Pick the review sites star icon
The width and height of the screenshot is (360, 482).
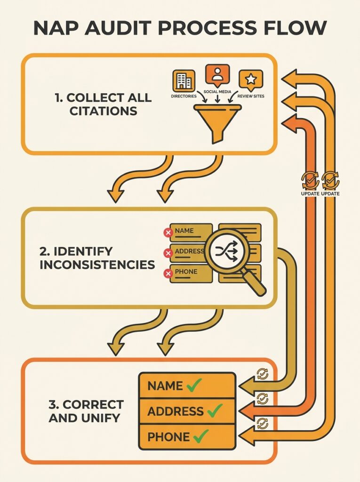click(251, 80)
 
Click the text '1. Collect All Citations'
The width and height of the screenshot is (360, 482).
click(103, 104)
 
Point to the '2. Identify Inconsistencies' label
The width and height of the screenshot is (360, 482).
click(97, 257)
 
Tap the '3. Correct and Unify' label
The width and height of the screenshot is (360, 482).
click(86, 410)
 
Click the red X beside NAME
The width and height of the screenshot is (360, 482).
click(167, 232)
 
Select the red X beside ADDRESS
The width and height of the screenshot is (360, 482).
click(167, 253)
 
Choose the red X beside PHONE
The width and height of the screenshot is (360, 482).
click(167, 274)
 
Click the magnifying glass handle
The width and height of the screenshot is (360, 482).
click(255, 285)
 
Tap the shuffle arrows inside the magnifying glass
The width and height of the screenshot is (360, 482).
click(227, 251)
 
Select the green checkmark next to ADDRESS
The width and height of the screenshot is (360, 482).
click(215, 411)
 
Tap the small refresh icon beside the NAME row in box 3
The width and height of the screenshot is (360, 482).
click(262, 374)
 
